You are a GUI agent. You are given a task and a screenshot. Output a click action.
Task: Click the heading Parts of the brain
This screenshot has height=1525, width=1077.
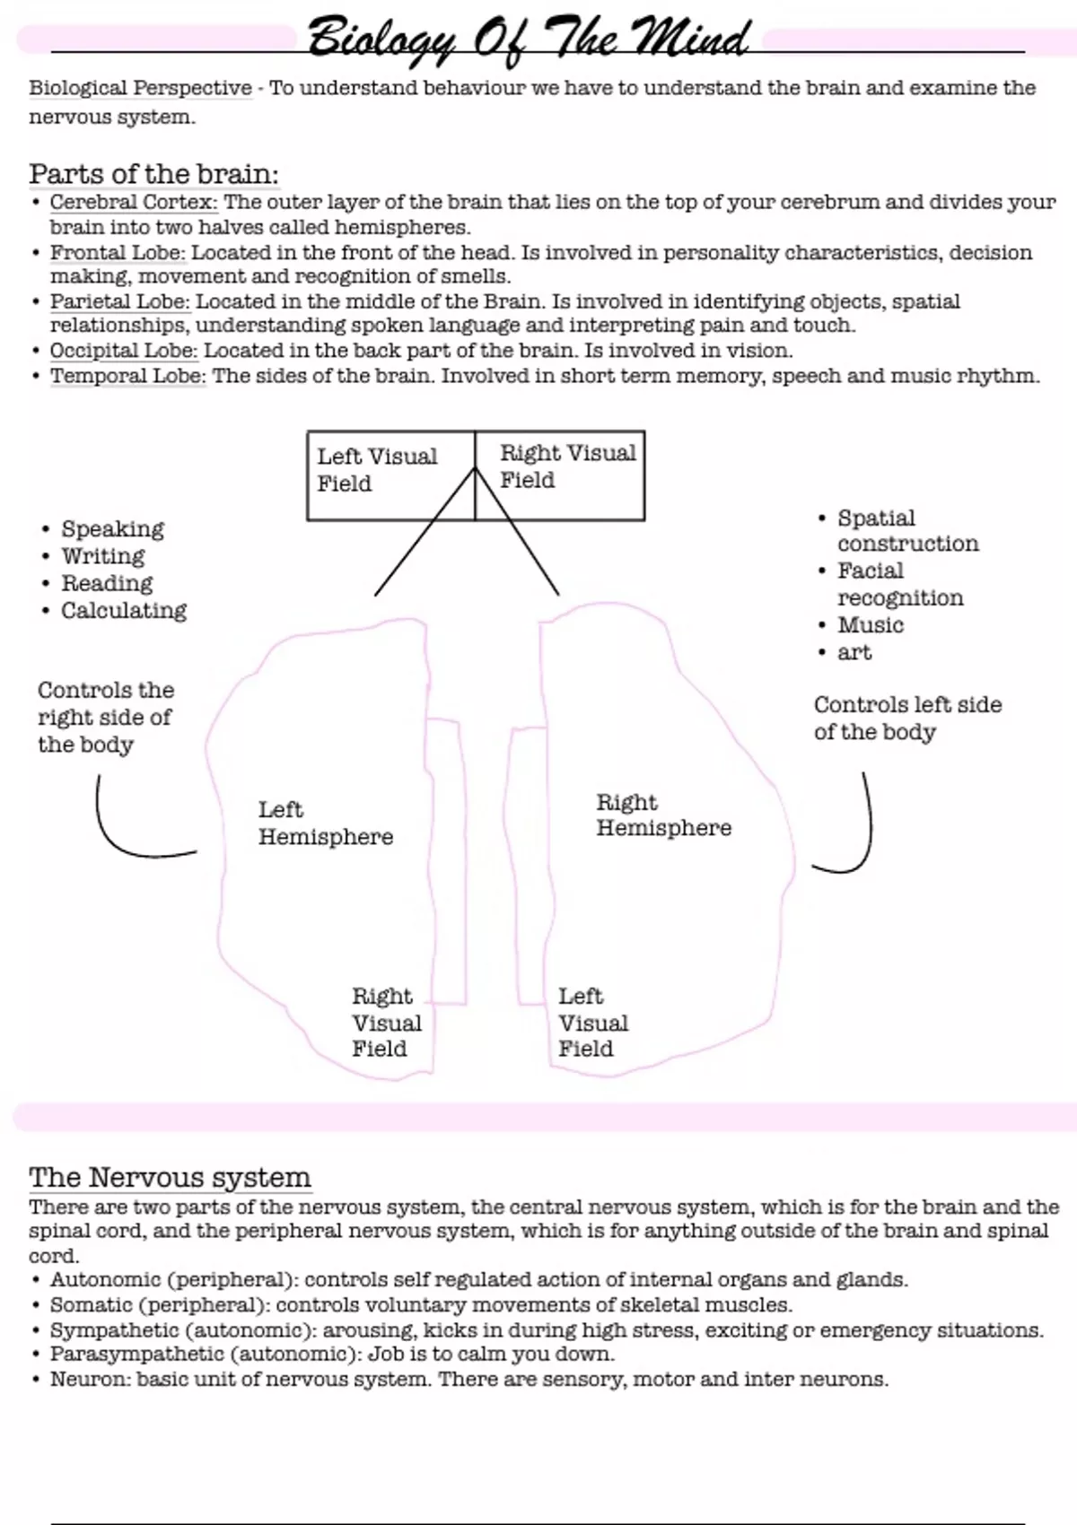click(153, 173)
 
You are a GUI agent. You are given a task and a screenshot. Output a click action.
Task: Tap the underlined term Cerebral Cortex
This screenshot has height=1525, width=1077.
click(134, 202)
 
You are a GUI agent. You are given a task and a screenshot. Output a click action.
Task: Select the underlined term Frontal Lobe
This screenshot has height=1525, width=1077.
click(118, 252)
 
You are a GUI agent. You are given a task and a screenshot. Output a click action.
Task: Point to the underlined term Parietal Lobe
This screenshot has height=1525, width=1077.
click(119, 301)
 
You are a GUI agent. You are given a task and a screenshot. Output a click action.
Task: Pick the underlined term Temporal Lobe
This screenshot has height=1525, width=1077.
click(127, 376)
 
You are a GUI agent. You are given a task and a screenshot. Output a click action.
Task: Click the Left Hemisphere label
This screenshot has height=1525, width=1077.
click(325, 823)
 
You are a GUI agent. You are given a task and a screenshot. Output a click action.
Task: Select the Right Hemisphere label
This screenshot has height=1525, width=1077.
click(663, 815)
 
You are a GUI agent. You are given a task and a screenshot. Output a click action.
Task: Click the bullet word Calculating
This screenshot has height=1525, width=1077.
click(124, 611)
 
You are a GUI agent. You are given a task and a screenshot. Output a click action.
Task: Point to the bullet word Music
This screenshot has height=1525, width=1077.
click(870, 625)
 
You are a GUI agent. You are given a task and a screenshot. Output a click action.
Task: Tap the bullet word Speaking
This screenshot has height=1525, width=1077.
click(112, 529)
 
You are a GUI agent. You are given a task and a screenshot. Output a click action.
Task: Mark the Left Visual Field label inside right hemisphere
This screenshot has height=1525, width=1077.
click(592, 1023)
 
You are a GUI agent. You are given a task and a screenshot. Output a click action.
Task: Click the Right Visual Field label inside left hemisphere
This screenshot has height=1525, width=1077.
click(386, 1023)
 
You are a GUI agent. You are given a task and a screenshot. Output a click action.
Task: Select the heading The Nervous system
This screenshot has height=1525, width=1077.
click(170, 1177)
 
